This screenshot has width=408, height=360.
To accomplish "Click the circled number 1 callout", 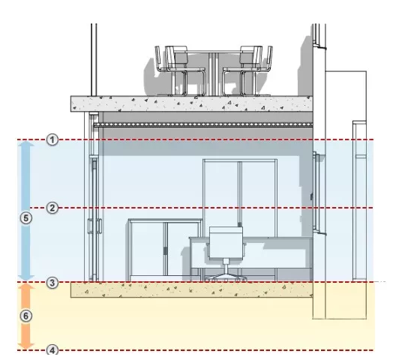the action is pyautogui.click(x=52, y=140).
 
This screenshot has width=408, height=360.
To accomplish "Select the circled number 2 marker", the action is pyautogui.click(x=52, y=208).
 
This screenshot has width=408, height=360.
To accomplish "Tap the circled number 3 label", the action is pyautogui.click(x=52, y=283).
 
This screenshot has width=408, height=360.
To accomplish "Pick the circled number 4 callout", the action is pyautogui.click(x=52, y=350).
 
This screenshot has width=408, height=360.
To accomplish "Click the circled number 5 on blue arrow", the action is pyautogui.click(x=26, y=218).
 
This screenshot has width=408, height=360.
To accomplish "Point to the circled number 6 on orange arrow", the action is pyautogui.click(x=26, y=316).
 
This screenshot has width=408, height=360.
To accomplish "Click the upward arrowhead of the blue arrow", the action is pyautogui.click(x=25, y=144).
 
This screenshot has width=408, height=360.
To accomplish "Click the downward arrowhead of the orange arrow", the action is pyautogui.click(x=25, y=346).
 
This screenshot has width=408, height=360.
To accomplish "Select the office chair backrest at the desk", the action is pyautogui.click(x=226, y=243).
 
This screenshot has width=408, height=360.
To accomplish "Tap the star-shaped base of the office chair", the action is pyautogui.click(x=226, y=277).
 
